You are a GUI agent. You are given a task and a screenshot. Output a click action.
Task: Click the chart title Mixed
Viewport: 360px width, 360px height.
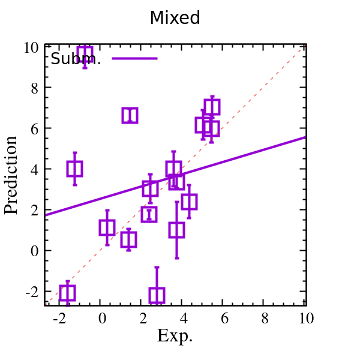[x=175, y=18]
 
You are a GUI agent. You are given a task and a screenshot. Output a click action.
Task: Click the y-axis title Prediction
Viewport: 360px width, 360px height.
[x=11, y=175]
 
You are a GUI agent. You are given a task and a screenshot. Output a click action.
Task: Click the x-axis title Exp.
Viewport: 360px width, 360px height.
[x=175, y=336]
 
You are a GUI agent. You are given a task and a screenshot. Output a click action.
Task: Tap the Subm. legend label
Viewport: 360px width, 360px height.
[x=76, y=59]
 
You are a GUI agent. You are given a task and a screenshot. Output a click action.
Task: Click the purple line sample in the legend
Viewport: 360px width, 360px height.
[x=134, y=58]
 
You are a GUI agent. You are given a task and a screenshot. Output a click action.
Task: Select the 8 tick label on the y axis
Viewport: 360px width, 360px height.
[x=35, y=88]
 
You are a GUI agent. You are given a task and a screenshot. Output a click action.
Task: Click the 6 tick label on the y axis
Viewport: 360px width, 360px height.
[x=35, y=129]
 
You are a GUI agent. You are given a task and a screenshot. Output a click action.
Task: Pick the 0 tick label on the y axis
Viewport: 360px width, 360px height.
[x=35, y=251]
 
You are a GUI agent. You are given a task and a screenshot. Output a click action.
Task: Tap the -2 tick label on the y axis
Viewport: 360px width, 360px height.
[x=32, y=292]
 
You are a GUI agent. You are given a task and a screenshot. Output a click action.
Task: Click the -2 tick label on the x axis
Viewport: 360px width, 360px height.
[x=59, y=319]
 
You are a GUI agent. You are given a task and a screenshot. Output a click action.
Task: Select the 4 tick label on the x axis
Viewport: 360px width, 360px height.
[x=184, y=319]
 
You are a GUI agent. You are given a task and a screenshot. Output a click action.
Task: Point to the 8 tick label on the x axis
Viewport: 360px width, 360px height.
[x=265, y=319]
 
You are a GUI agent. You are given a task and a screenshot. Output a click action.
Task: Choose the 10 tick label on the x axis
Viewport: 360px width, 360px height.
[x=305, y=319]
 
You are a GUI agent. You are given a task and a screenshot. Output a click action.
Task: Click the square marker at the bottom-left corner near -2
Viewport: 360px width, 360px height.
[x=67, y=293]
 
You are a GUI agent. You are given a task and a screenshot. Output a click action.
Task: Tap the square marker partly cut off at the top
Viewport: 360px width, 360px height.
[x=85, y=53]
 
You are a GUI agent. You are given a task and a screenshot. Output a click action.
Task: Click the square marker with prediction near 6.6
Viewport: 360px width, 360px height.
[x=130, y=116]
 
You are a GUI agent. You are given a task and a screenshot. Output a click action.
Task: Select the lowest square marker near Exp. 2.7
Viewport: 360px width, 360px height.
[x=157, y=295]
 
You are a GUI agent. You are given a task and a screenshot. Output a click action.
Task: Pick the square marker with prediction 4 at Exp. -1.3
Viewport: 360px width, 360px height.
[x=74, y=169]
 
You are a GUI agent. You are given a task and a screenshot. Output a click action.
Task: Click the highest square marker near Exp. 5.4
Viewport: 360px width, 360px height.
[x=212, y=107]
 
